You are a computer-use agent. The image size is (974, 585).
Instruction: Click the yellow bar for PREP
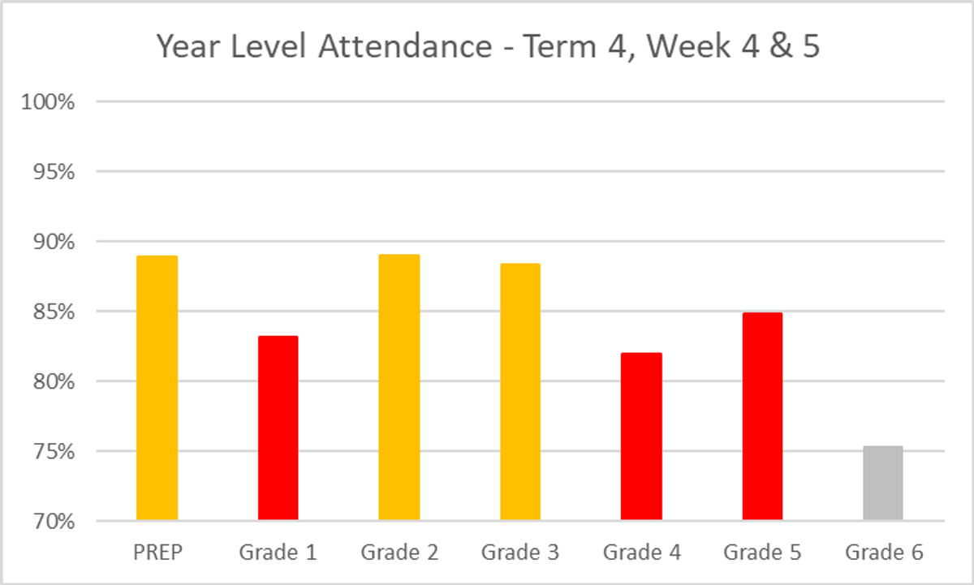point(157,388)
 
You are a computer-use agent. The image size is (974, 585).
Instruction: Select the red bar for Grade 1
point(278,428)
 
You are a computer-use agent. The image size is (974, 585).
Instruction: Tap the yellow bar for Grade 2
point(399,387)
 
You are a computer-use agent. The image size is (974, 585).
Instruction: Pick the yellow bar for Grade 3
point(520,392)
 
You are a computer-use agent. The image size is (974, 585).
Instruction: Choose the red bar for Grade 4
point(641,437)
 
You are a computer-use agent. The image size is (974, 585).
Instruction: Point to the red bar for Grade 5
point(762,416)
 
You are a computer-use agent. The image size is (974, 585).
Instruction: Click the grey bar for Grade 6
point(883,484)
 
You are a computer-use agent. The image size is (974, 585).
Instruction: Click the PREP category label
point(157,553)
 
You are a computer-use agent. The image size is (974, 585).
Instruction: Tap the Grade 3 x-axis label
point(520,553)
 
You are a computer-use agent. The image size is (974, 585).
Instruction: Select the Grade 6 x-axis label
point(884,553)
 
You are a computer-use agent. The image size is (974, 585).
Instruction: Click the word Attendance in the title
point(404,47)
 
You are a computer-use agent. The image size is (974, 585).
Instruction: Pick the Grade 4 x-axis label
point(641,553)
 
